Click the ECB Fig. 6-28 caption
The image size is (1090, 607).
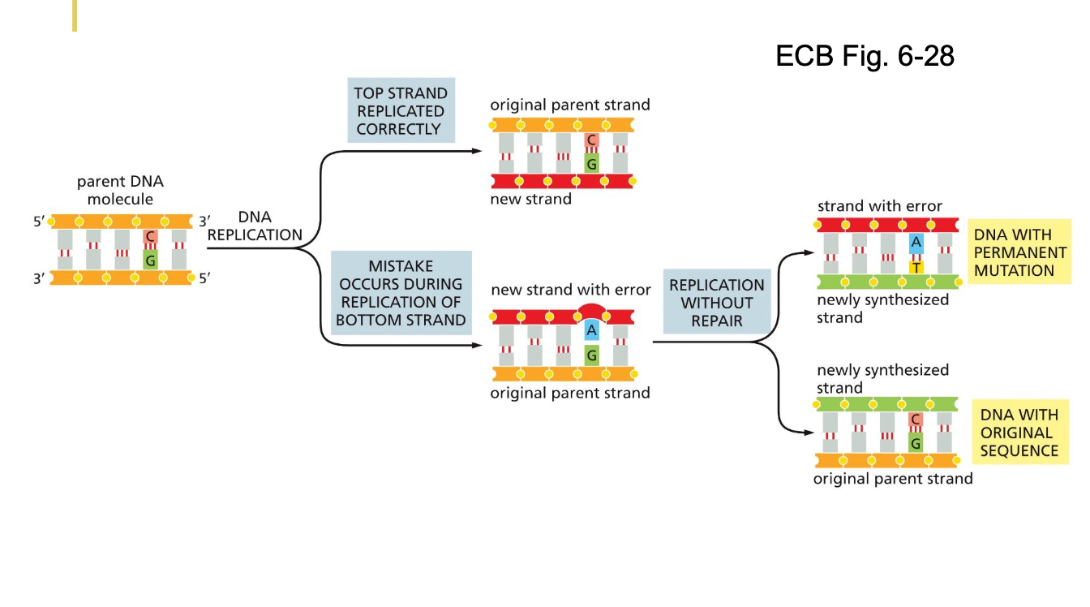pyautogui.click(x=865, y=56)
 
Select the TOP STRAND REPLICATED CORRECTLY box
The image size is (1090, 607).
pyautogui.click(x=400, y=111)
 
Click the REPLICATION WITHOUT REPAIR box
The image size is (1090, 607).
pyautogui.click(x=716, y=303)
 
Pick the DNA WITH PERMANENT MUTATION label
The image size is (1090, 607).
pyautogui.click(x=1019, y=253)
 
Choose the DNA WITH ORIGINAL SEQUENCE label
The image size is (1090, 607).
pyautogui.click(x=1019, y=433)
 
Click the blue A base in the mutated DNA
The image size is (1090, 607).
pyautogui.click(x=916, y=242)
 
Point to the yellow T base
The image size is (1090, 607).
pyautogui.click(x=916, y=267)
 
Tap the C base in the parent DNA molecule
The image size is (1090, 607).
pyautogui.click(x=150, y=236)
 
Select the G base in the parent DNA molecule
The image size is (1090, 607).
pyautogui.click(x=150, y=261)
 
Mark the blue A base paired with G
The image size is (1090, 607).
pyautogui.click(x=591, y=329)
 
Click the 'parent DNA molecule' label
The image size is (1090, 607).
pyautogui.click(x=120, y=191)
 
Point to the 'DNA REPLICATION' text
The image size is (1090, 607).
pyautogui.click(x=255, y=226)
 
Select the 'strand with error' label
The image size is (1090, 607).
pyautogui.click(x=880, y=206)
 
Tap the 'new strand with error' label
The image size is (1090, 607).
pyautogui.click(x=570, y=290)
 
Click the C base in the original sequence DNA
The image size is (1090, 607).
pyautogui.click(x=916, y=419)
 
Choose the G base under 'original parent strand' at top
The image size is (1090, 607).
pyautogui.click(x=592, y=165)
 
